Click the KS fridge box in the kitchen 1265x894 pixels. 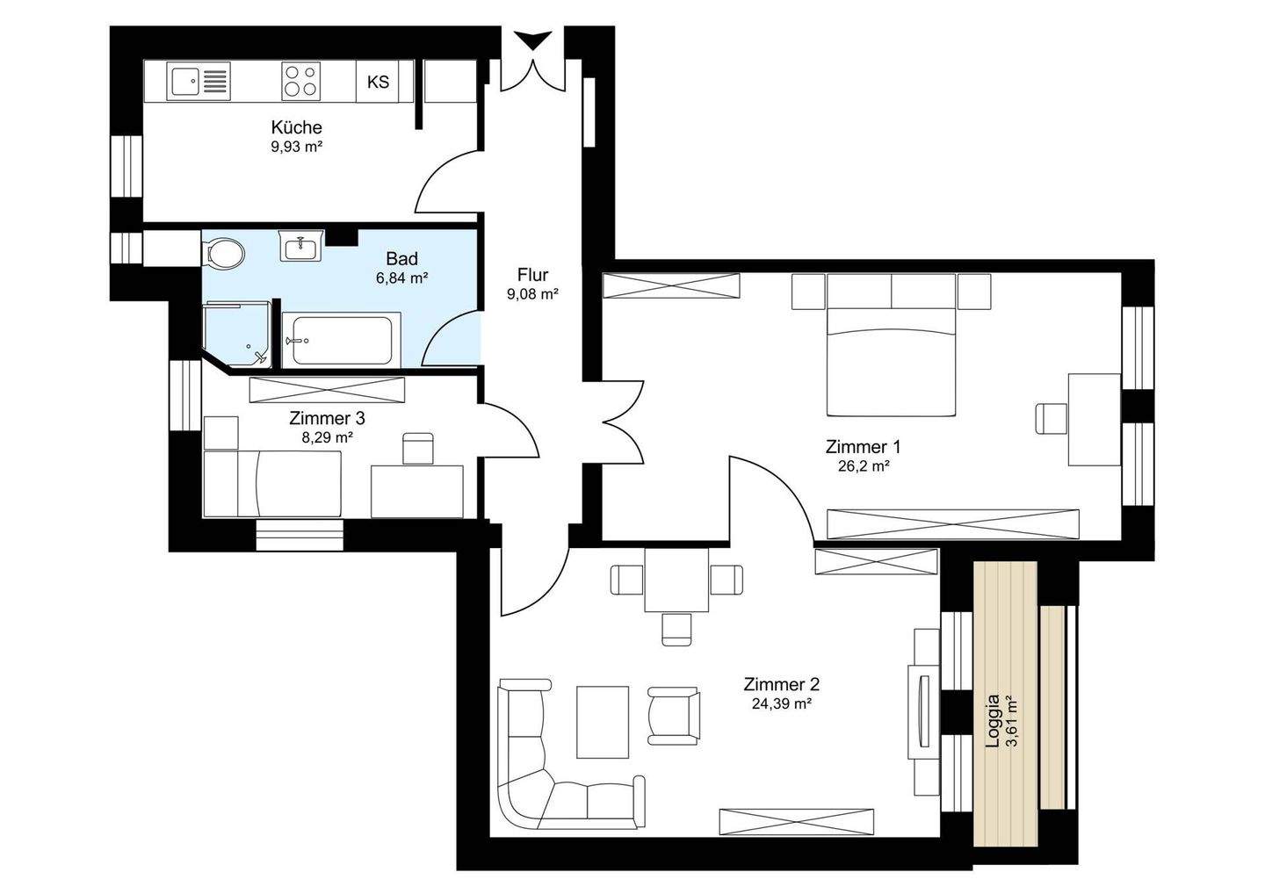377,82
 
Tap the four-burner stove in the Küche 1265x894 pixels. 300,82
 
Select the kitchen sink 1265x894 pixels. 199,82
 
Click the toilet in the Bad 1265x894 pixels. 224,252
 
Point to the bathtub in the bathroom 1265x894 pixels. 341,340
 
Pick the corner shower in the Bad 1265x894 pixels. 237,335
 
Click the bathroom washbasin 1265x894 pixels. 301,246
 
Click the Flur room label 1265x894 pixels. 532,275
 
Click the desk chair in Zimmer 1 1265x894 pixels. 1051,419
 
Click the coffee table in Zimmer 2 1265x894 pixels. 602,723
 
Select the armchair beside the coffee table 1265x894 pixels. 674,716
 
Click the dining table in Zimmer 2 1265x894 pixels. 676,580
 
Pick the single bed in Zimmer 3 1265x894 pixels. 272,483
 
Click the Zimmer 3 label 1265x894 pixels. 327,418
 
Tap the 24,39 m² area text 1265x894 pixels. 782,703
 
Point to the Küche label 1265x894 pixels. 297,127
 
